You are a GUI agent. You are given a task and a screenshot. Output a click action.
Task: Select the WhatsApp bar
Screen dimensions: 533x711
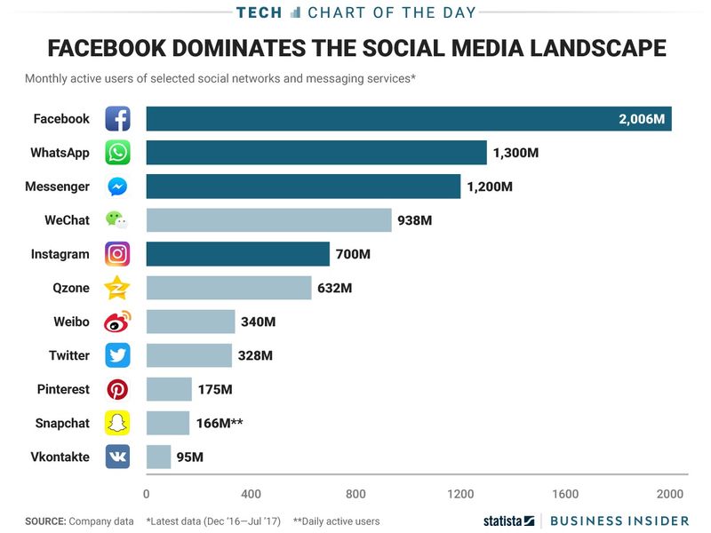click(316, 153)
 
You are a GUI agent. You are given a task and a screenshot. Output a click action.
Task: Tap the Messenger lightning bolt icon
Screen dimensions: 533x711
click(117, 187)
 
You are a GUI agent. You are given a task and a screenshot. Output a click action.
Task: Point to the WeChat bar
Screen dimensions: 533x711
click(268, 220)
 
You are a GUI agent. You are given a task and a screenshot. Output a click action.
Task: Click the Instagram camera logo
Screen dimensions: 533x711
click(117, 254)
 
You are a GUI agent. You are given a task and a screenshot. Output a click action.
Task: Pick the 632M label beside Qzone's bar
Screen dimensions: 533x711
click(335, 288)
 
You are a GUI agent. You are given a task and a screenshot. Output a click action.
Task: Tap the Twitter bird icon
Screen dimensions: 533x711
click(117, 355)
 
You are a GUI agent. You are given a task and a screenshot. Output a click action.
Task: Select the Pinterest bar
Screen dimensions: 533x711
click(169, 389)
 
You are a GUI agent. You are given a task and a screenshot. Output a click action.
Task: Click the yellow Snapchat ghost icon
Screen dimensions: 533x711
click(117, 423)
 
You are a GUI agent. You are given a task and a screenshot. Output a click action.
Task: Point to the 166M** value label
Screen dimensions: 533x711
click(219, 423)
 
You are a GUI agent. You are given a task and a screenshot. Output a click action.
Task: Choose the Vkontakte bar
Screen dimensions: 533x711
click(158, 457)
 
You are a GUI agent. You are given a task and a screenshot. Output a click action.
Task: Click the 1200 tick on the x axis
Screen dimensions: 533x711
click(460, 494)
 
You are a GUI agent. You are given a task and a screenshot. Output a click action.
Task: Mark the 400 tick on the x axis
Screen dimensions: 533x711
click(251, 494)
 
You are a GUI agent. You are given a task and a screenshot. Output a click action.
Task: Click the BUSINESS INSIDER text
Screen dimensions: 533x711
click(619, 521)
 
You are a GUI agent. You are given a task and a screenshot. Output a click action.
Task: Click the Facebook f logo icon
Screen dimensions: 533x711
click(117, 119)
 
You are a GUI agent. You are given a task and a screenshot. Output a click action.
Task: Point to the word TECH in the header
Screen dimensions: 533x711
click(260, 12)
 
